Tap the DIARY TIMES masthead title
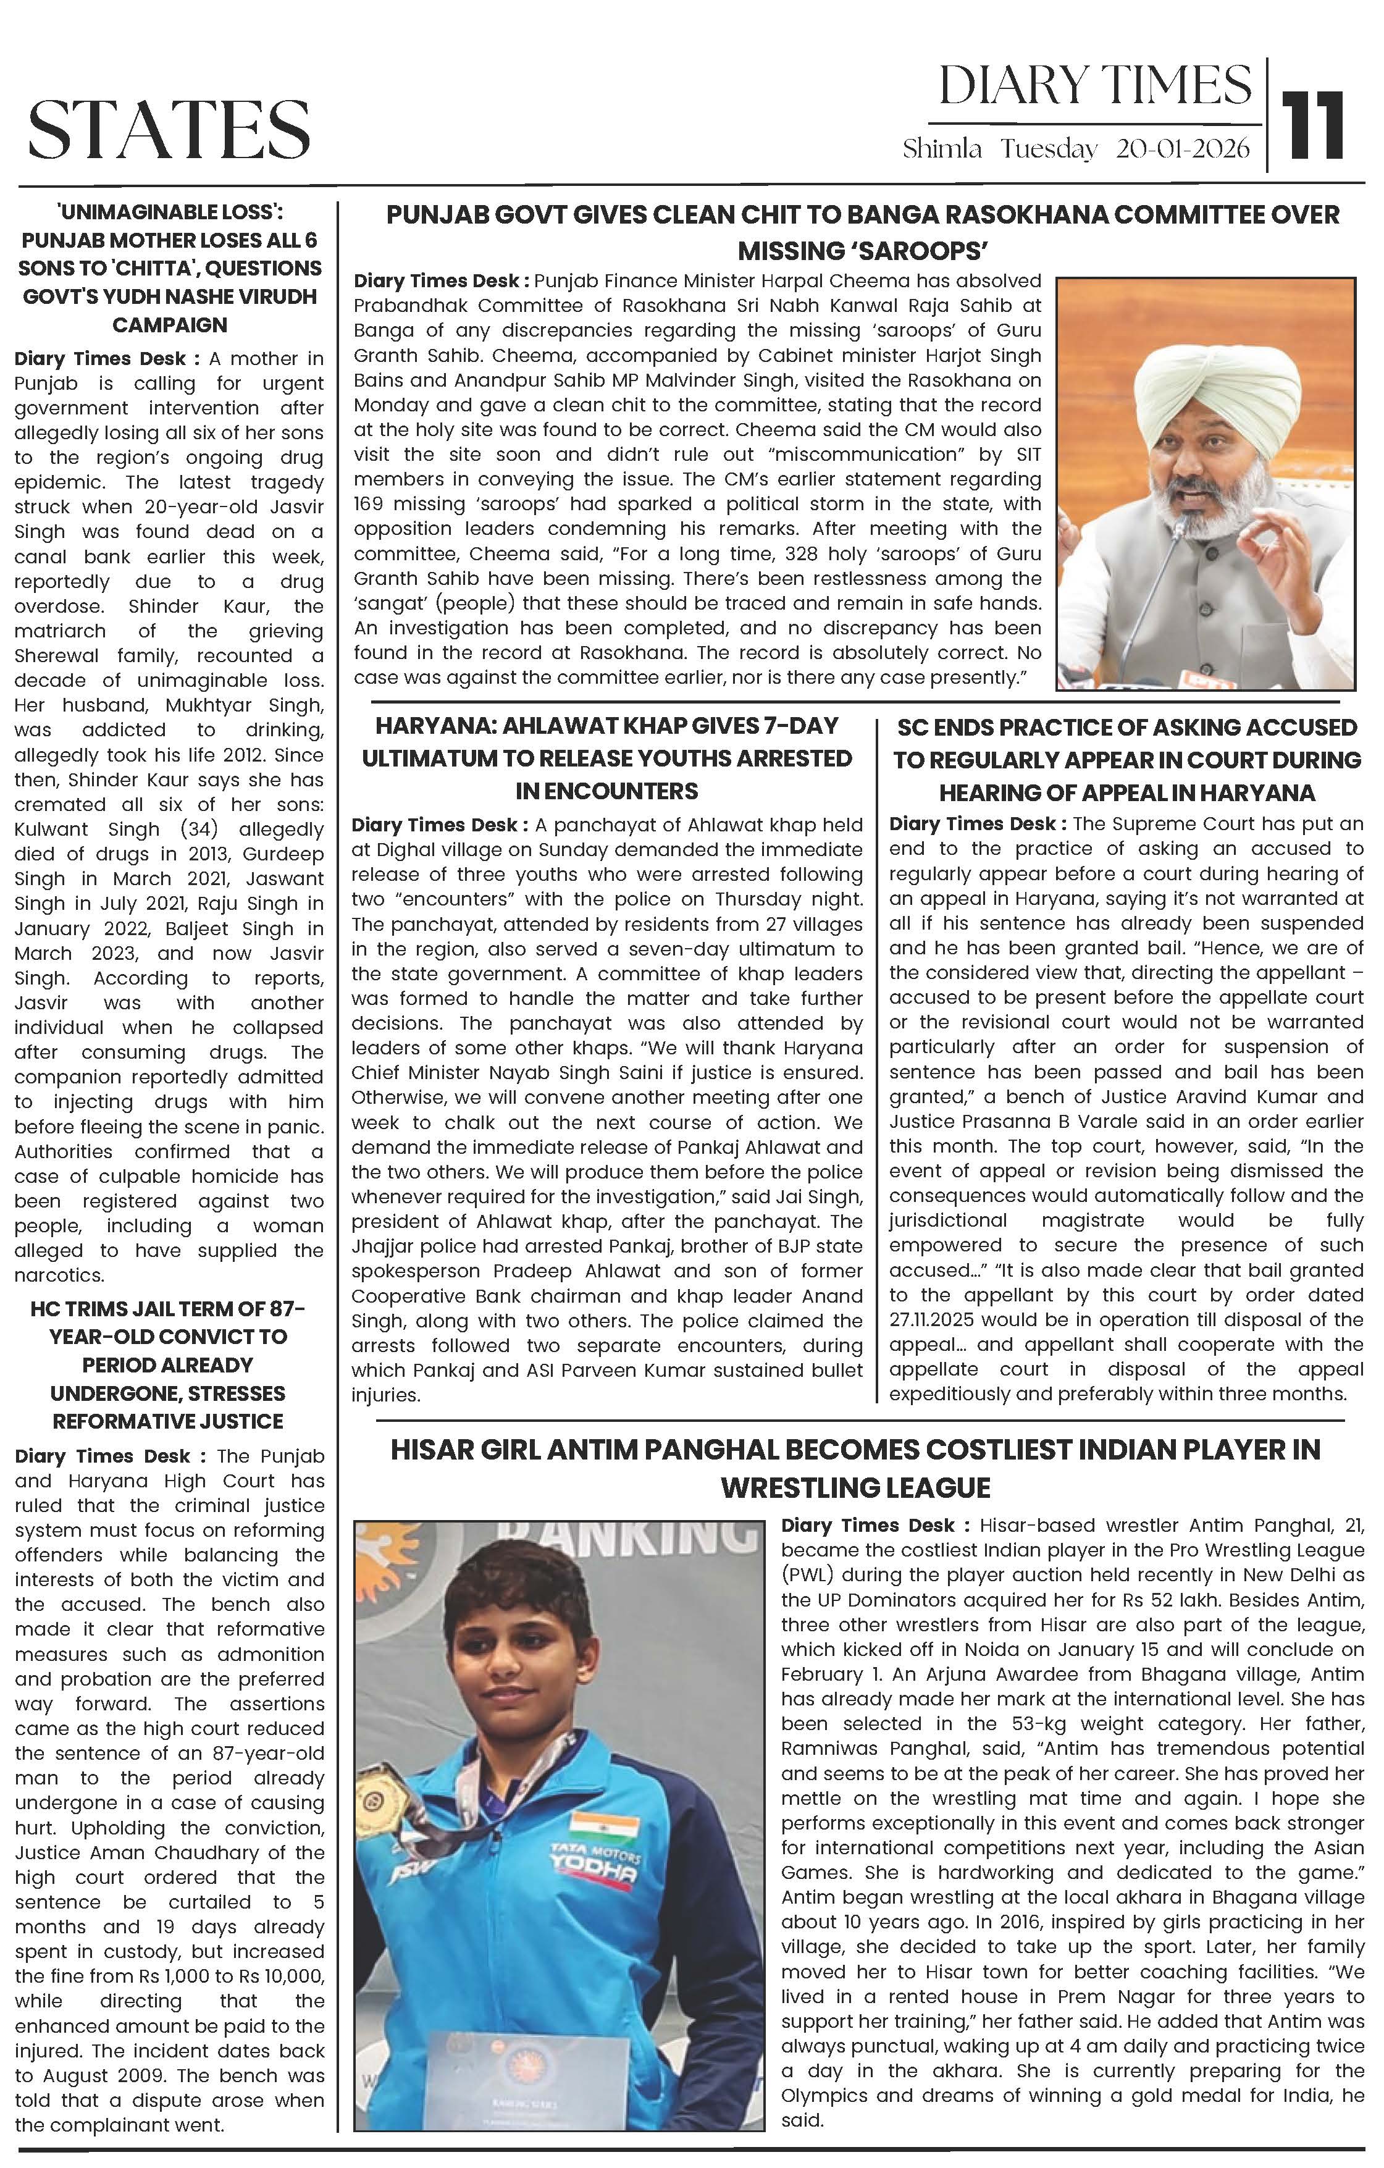pos(1095,86)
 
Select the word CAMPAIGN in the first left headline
pos(169,324)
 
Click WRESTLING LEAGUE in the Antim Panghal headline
pos(855,1487)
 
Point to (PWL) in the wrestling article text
pos(806,1574)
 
